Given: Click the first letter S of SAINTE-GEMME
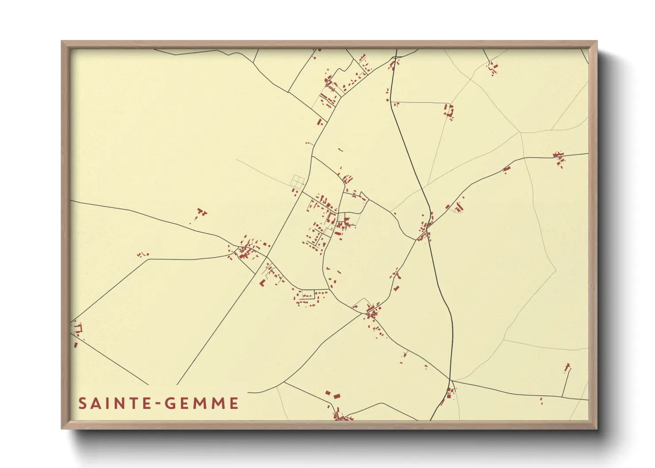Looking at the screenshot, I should point(82,403).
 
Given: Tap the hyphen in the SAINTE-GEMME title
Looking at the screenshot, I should point(158,404).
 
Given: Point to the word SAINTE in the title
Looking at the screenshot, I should point(116,403).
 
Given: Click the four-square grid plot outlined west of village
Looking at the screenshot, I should point(298,181).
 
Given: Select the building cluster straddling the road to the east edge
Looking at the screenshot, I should point(559,158).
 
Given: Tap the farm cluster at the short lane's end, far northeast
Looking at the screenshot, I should point(493,68).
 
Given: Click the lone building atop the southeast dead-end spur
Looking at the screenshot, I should point(567,367).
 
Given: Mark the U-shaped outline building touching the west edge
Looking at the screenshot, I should point(78,328).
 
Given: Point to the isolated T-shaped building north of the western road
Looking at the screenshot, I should point(201,212).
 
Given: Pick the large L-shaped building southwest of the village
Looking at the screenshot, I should point(262,282).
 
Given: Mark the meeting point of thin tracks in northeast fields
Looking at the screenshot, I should point(520,132).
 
